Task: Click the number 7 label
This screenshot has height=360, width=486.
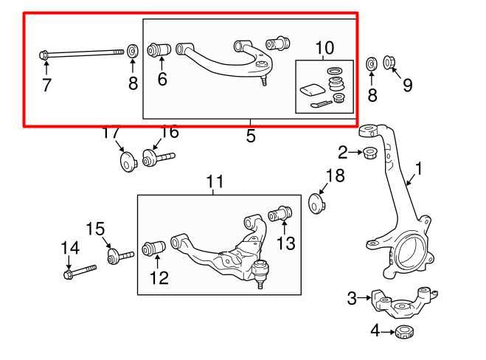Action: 46,85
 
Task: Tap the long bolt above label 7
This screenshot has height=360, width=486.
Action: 81,52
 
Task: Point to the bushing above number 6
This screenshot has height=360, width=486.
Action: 160,50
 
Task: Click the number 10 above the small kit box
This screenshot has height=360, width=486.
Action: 324,49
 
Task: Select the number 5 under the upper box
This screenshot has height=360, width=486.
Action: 251,136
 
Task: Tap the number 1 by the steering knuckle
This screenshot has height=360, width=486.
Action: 418,170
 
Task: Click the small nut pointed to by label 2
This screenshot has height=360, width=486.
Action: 371,153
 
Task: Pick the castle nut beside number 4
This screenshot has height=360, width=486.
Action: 403,331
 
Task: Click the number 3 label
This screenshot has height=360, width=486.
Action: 353,298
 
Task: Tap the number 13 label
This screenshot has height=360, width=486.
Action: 285,242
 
